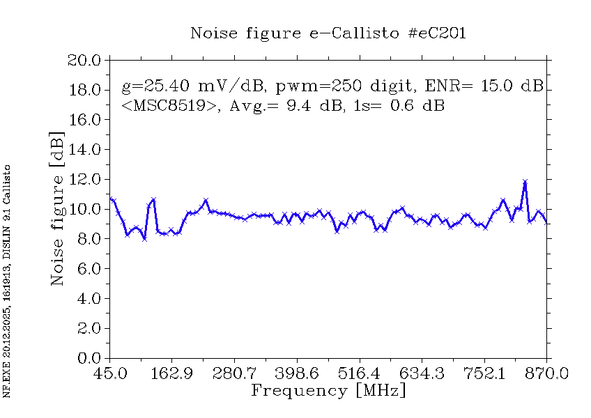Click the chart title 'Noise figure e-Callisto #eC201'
click(x=328, y=33)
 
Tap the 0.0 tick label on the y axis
click(x=89, y=359)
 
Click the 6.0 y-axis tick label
click(x=89, y=269)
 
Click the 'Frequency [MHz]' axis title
click(x=328, y=390)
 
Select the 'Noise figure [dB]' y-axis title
click(x=58, y=209)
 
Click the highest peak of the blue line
click(x=525, y=182)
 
